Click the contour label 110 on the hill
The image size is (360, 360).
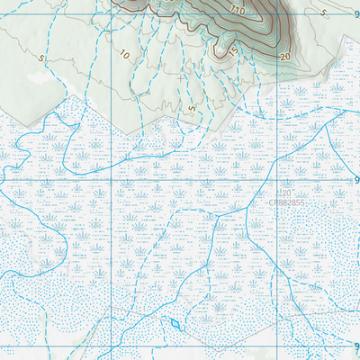238,10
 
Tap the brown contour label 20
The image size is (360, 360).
285,56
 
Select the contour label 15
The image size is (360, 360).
233,49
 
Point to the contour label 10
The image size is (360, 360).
124,54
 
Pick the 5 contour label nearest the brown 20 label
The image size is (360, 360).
322,13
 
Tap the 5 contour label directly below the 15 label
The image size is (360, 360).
192,108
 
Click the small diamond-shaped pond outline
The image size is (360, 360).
175,323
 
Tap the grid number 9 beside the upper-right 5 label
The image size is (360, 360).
355,14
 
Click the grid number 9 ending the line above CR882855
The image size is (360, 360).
355,180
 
